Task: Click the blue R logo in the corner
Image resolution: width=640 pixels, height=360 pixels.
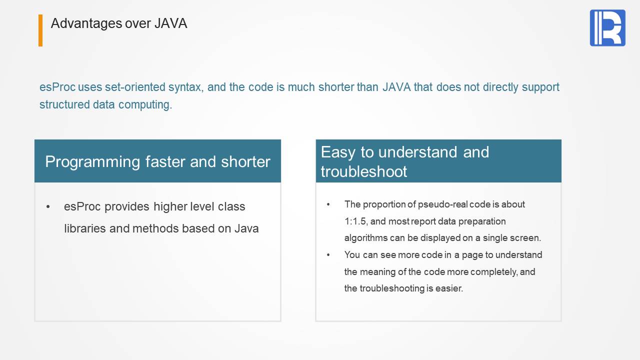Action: pos(607,27)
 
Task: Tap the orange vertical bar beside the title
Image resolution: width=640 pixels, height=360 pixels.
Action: pos(40,30)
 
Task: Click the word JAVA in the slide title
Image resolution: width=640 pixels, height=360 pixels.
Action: pos(171,23)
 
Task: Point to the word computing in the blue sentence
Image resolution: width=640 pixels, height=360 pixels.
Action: pos(145,105)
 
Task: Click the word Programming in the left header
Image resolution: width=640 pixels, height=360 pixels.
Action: pos(92,162)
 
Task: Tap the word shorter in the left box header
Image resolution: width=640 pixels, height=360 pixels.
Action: pos(245,161)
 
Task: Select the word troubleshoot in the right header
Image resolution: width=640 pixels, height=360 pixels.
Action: pos(363,171)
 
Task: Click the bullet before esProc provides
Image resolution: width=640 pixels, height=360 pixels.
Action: pos(48,206)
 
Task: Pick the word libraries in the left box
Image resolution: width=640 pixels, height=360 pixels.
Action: pos(85,228)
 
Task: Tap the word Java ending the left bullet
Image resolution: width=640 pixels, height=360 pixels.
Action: pos(246,228)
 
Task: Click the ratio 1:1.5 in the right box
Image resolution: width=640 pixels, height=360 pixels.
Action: pos(355,221)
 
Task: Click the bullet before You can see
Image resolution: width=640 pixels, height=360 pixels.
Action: pos(328,254)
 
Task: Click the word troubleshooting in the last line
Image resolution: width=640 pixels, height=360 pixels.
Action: pos(392,288)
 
